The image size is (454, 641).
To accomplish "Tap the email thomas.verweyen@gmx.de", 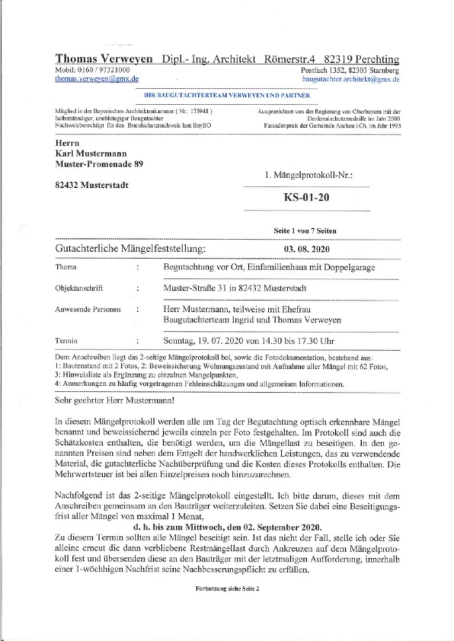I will click(97, 78).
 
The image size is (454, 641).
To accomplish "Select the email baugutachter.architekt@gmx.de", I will click(351, 78).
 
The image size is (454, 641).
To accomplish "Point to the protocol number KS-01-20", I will click(306, 197).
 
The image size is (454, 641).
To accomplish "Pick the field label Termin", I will click(66, 341).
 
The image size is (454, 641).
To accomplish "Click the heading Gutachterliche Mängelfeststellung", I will click(130, 248).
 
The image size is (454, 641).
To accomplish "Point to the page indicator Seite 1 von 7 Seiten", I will click(305, 231).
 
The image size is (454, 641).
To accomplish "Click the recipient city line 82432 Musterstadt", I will click(90, 185).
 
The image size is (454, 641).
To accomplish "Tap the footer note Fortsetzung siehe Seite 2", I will click(228, 589).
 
